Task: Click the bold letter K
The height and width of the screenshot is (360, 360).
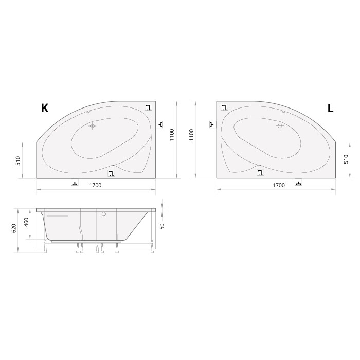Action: click(45, 108)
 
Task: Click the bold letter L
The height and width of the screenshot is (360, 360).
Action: click(330, 108)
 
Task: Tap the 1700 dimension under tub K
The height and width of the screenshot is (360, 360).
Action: click(95, 185)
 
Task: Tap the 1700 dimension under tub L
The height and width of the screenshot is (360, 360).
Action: click(278, 185)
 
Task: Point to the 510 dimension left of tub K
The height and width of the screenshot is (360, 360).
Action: click(18, 160)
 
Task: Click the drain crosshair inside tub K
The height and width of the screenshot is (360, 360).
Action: click(93, 125)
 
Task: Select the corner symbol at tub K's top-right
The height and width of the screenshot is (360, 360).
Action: click(148, 108)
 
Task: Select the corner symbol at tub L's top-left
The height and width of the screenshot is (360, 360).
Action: click(224, 108)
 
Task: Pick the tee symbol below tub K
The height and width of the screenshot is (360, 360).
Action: click(75, 184)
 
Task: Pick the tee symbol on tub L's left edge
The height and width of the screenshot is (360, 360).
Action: click(211, 124)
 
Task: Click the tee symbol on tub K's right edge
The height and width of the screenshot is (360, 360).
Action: click(160, 124)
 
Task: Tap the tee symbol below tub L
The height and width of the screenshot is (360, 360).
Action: click(298, 183)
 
